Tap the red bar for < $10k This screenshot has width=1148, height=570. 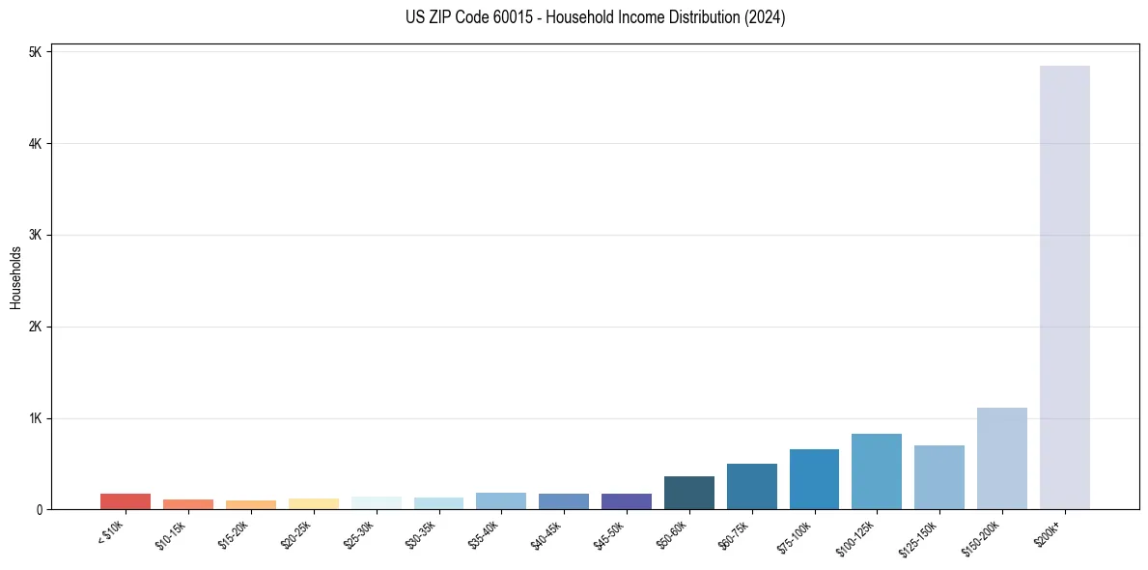pyautogui.click(x=126, y=501)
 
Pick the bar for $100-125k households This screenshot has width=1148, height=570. pyautogui.click(x=876, y=471)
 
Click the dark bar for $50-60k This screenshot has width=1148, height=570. pyautogui.click(x=688, y=493)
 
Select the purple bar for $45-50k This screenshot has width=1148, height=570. pyautogui.click(x=626, y=501)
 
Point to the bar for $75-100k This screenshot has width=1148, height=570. pyautogui.click(x=814, y=479)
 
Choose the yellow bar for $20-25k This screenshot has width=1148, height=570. pyautogui.click(x=313, y=503)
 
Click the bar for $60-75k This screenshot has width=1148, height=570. pyautogui.click(x=751, y=486)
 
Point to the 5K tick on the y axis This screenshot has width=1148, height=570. pyautogui.click(x=35, y=52)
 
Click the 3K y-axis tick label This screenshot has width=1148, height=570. pyautogui.click(x=35, y=235)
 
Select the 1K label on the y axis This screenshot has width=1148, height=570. pyautogui.click(x=35, y=418)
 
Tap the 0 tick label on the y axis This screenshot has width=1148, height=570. pyautogui.click(x=39, y=509)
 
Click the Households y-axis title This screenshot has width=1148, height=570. pyautogui.click(x=15, y=277)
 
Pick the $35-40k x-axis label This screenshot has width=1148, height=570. pyautogui.click(x=484, y=533)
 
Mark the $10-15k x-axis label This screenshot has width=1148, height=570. pyautogui.click(x=171, y=533)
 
